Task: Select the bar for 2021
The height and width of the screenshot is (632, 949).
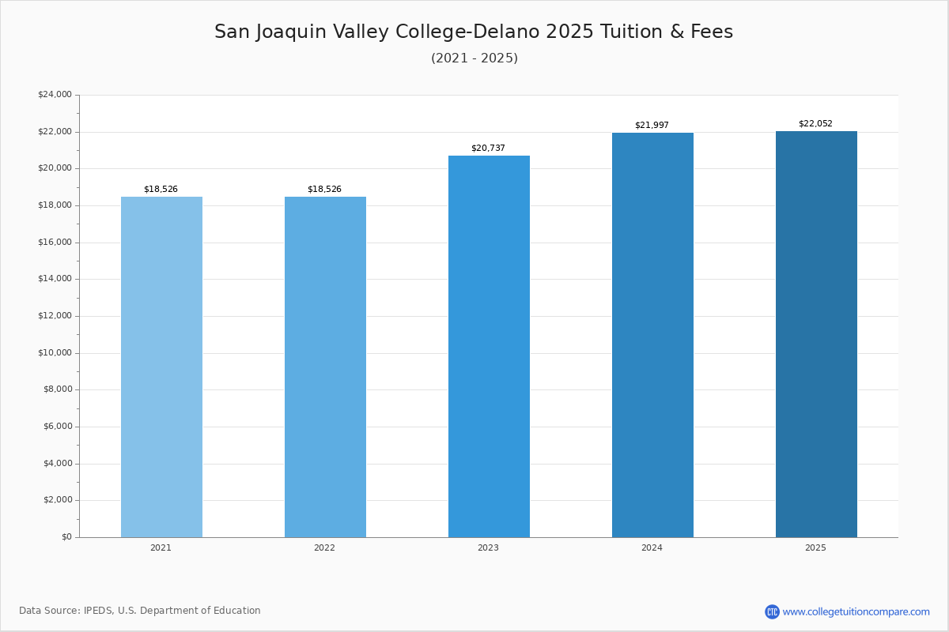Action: (x=161, y=367)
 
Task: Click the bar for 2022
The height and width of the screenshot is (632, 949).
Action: (x=325, y=367)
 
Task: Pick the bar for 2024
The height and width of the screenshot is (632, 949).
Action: (x=652, y=335)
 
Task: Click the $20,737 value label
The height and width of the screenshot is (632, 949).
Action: (x=488, y=149)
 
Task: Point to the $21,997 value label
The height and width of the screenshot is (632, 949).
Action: (x=652, y=126)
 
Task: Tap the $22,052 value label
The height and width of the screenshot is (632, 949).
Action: (x=815, y=124)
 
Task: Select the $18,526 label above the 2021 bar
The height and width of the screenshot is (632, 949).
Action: (x=161, y=190)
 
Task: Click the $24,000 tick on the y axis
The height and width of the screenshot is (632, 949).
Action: (x=55, y=95)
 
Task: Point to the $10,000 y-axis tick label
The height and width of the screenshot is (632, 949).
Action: (x=55, y=353)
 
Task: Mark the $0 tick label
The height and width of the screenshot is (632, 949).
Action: (x=66, y=537)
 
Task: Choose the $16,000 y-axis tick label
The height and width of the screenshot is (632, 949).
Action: (x=55, y=243)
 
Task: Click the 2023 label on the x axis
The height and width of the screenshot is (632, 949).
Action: (x=488, y=548)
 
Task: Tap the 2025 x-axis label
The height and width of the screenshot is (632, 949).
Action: (x=815, y=548)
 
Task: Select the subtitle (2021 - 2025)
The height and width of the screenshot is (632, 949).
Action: (x=475, y=58)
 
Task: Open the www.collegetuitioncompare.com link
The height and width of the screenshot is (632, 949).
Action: (x=856, y=611)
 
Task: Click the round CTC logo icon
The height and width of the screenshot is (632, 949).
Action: (x=772, y=611)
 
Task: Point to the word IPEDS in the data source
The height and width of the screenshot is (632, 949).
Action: (x=98, y=611)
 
